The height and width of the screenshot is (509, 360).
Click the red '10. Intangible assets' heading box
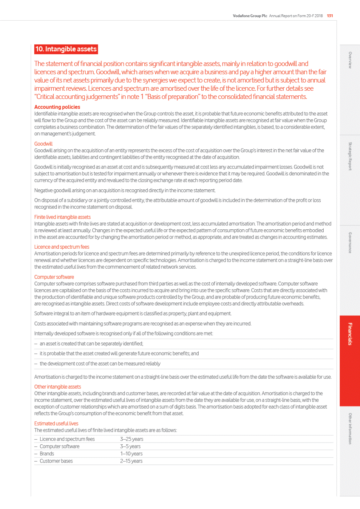tap(66, 49)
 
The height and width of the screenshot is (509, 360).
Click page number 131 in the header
tap(330, 16)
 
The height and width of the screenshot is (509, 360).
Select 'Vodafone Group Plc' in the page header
tap(250, 16)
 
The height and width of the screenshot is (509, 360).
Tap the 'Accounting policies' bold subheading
tap(57, 107)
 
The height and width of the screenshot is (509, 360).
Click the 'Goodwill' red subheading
tap(43, 144)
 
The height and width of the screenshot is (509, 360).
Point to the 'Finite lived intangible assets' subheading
tap(62, 217)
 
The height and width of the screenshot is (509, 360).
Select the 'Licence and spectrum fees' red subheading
tap(62, 247)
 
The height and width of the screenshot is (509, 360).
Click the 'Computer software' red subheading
tap(54, 277)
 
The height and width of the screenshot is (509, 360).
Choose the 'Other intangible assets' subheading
tap(57, 386)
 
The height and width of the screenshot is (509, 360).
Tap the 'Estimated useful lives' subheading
tap(56, 423)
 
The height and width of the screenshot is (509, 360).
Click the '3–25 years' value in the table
tap(132, 439)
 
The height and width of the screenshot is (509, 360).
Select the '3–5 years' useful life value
tap(130, 446)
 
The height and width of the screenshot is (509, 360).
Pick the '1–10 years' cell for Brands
tap(131, 454)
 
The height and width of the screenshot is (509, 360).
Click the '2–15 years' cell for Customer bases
tap(131, 461)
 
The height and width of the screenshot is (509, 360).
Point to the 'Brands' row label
tap(47, 454)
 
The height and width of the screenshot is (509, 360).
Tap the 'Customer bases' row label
tap(56, 461)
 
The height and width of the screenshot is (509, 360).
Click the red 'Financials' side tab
tap(350, 334)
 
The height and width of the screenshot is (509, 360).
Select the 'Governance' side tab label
tap(350, 243)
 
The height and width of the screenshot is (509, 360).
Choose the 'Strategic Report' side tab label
tap(350, 156)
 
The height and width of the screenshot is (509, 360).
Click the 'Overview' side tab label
tap(350, 60)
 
